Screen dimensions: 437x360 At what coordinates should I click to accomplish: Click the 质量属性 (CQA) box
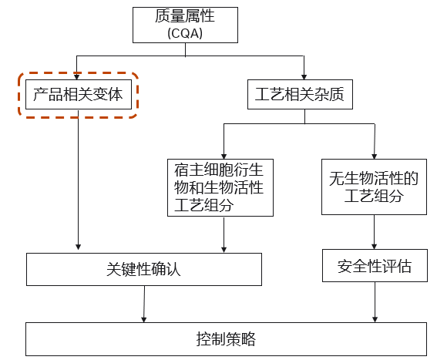[185, 25]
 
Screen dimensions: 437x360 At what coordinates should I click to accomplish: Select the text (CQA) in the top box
[185, 33]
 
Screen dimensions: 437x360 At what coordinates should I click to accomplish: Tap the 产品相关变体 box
[79, 94]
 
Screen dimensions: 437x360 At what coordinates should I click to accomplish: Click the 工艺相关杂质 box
[300, 94]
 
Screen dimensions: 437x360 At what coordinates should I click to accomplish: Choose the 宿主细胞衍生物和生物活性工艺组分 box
[220, 187]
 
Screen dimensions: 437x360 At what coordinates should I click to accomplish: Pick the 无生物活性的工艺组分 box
[374, 187]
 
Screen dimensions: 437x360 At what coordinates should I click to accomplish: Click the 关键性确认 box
[144, 269]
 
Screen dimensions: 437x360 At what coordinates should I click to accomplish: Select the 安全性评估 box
[375, 265]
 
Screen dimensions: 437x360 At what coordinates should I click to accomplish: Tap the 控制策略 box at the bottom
[226, 339]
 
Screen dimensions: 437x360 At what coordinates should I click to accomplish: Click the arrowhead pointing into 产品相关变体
[76, 76]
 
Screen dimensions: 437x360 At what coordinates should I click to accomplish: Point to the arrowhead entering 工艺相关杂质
[304, 76]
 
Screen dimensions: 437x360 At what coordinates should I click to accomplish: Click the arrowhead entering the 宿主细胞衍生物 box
[224, 156]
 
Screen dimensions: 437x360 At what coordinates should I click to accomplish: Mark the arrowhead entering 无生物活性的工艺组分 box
[375, 156]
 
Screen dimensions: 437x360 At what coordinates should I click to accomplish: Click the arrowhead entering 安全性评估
[374, 247]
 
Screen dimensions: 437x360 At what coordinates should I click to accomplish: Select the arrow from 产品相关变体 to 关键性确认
[79, 180]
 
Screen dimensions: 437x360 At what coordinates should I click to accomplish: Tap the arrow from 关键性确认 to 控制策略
[144, 304]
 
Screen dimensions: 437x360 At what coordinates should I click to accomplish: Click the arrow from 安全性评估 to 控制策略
[375, 302]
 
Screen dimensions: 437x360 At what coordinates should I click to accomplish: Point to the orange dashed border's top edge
[79, 73]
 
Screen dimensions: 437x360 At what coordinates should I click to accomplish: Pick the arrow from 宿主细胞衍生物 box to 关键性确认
[224, 234]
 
